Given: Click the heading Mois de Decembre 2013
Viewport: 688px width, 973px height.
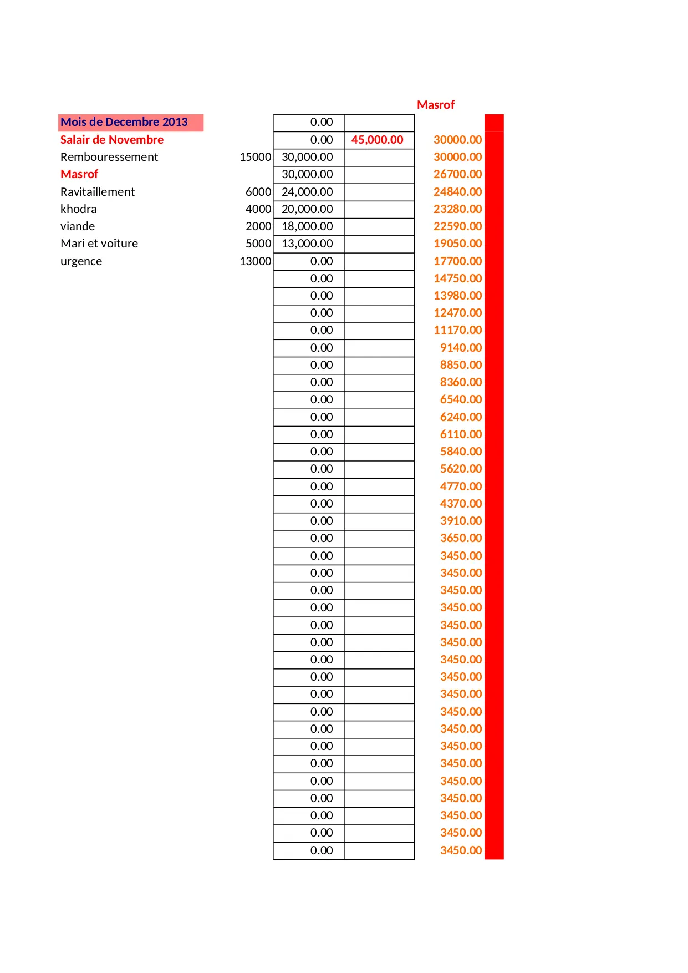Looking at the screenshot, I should point(124,122).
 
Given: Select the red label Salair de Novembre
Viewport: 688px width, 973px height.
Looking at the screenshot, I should point(112,140).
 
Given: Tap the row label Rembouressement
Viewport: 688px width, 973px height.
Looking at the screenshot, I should point(109,157).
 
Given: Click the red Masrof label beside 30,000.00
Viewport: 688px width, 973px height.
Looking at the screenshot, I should point(79,174).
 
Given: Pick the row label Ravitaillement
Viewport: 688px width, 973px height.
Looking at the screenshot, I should point(98,192).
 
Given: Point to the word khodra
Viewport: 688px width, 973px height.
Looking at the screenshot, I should point(79,209).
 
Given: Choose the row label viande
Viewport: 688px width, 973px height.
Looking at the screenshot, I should point(78,226).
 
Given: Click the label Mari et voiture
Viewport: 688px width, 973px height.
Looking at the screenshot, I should point(99,244).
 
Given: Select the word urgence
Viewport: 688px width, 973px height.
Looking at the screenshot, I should point(81,261).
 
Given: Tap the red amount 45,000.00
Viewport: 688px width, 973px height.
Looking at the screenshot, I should point(378,140).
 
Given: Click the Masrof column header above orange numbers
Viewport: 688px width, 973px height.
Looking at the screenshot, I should point(436,105).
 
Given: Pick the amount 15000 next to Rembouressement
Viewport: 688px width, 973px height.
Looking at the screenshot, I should point(256,157).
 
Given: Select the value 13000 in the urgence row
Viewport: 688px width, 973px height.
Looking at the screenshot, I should point(256,261).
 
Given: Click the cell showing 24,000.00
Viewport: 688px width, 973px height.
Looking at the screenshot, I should point(308,192).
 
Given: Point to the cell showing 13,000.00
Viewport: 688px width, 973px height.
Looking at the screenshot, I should point(308,244).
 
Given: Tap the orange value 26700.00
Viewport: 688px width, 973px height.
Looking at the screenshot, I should point(458,174).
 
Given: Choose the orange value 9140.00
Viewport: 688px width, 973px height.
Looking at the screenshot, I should point(461,348).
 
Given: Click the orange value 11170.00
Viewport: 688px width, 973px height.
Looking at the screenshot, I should point(458,330).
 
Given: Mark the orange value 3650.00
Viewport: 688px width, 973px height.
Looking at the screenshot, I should point(461,538).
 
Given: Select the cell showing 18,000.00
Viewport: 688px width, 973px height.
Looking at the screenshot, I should point(308,226).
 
